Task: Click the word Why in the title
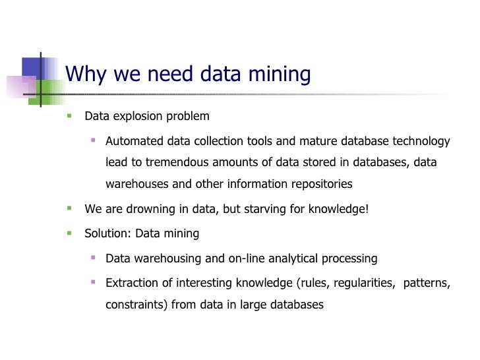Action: (x=86, y=74)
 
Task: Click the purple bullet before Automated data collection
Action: (x=93, y=140)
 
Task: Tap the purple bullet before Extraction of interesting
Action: (x=93, y=282)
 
